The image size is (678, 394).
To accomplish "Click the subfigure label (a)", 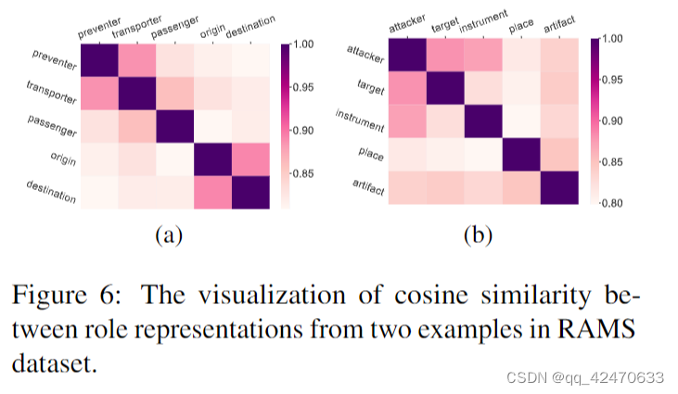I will pos(166,235).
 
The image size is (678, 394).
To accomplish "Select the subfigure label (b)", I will pos(479,235).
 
